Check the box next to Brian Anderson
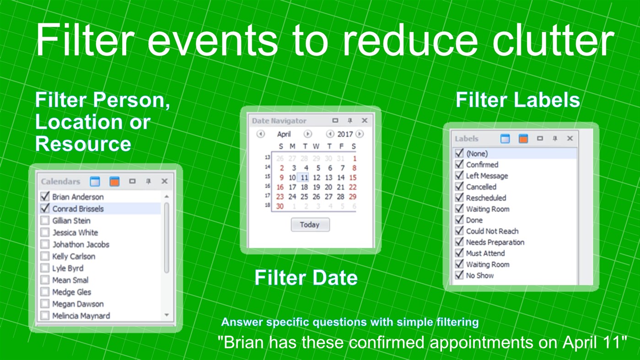45,197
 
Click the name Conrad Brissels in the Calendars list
78,209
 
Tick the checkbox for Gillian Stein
45,220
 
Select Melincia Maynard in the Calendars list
81,316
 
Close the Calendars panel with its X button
164,182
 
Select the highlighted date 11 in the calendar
304,177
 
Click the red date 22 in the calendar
353,187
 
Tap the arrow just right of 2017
360,134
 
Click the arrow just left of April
260,134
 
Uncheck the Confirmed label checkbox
459,165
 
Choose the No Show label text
479,275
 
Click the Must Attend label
485,253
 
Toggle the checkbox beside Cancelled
459,187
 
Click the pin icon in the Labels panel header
555,139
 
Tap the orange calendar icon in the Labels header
523,139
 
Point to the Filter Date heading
306,278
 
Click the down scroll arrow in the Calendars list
167,315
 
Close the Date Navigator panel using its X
365,121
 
